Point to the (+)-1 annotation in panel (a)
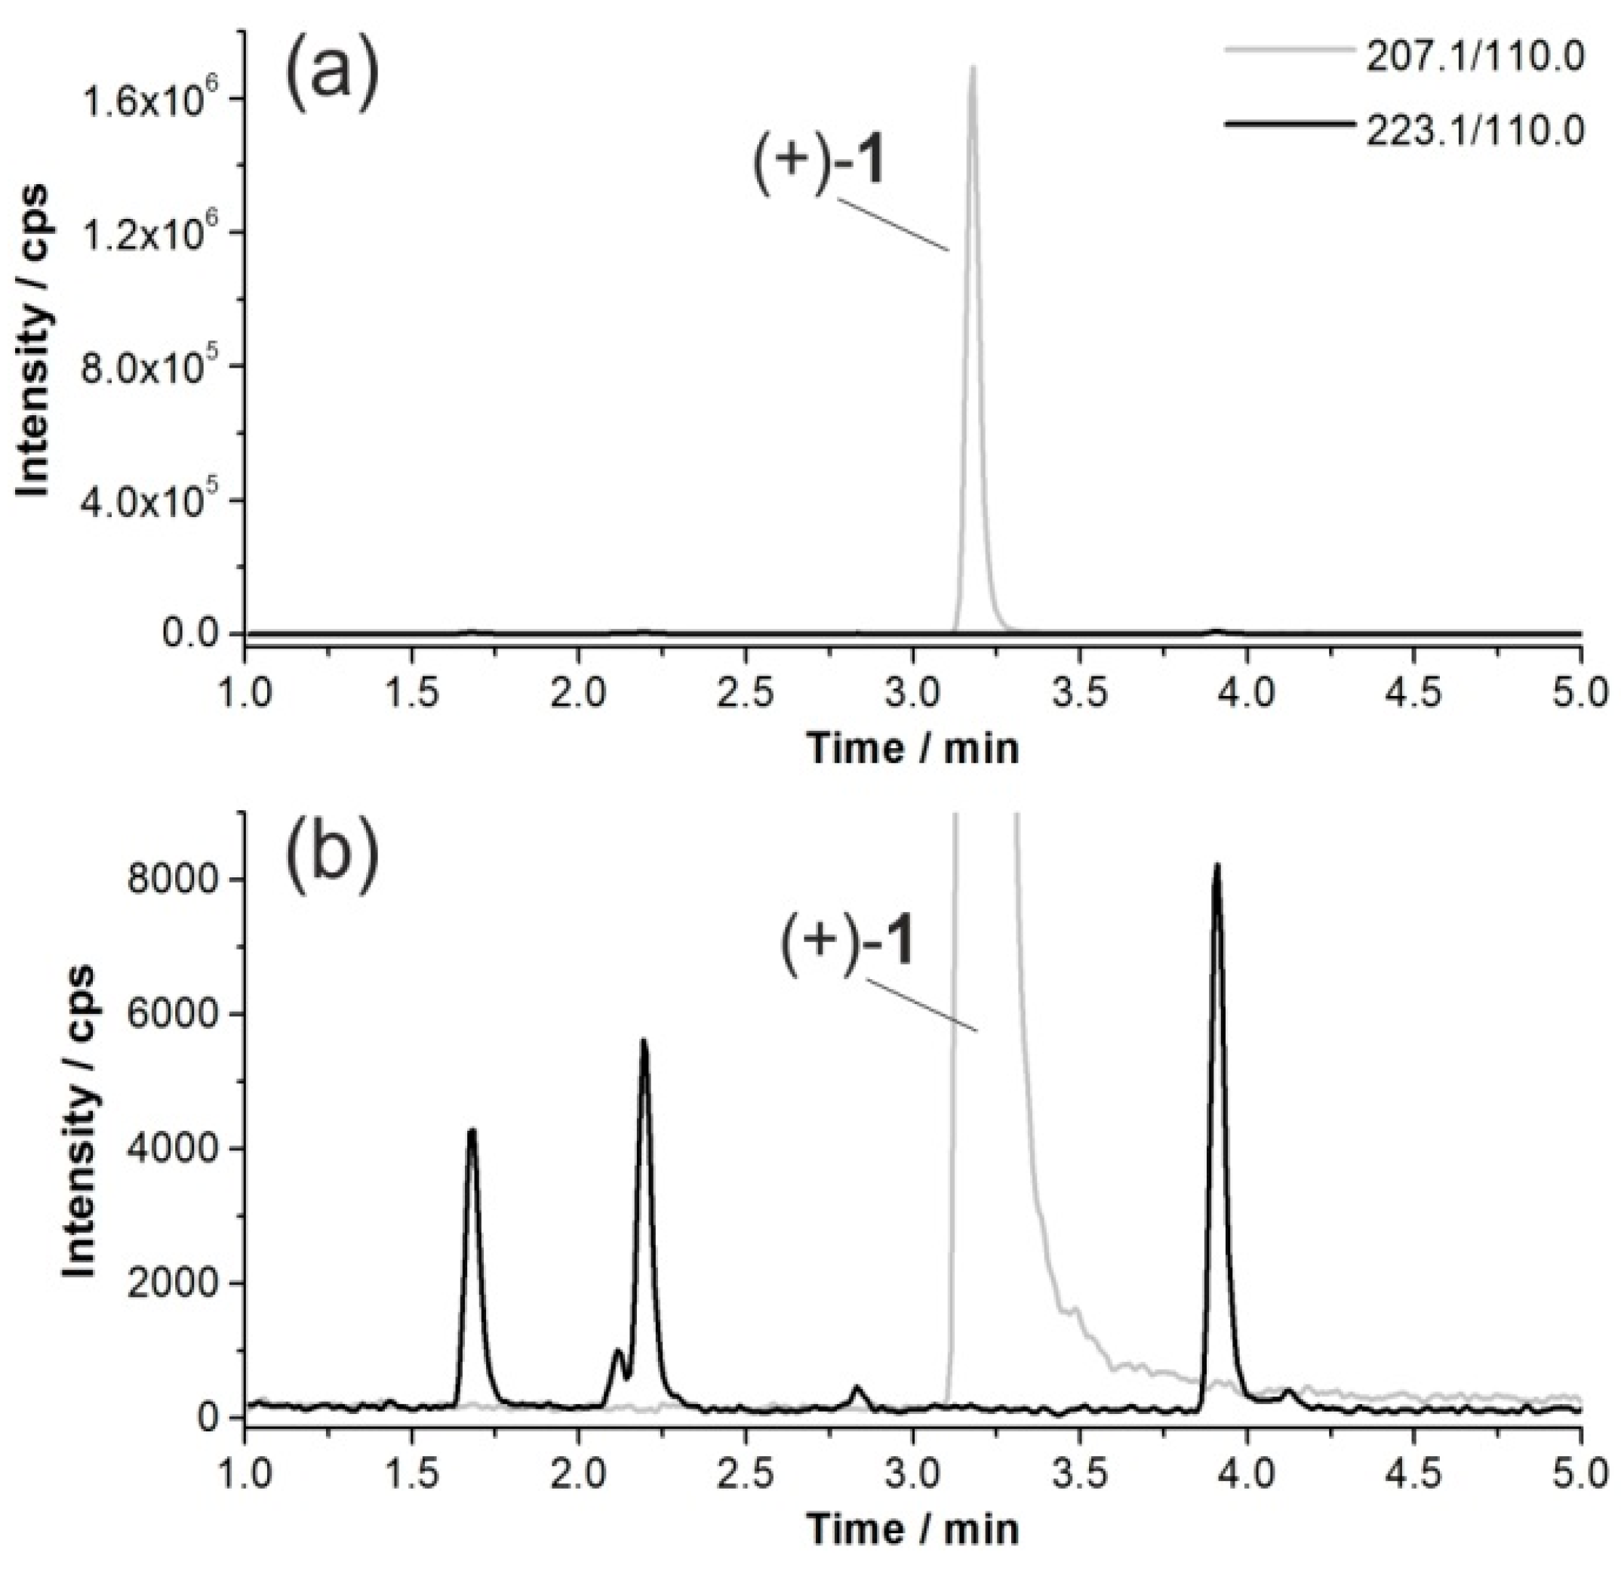click(819, 162)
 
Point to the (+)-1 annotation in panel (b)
click(847, 944)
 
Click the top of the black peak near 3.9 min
click(1217, 865)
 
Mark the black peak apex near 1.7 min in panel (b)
click(472, 1130)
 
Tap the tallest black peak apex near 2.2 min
click(644, 1041)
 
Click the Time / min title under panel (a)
click(912, 749)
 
